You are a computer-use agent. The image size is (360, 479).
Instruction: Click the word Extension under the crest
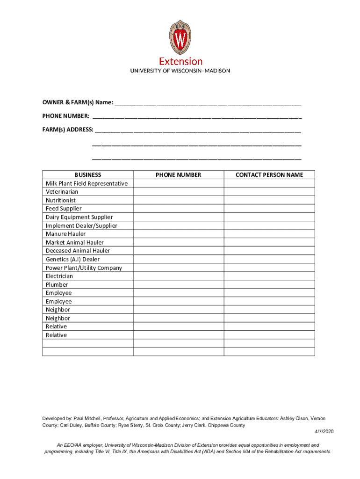tap(180, 61)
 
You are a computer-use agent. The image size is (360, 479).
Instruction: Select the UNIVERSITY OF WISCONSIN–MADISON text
tap(180, 71)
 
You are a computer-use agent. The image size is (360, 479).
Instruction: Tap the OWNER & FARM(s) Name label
tap(78, 102)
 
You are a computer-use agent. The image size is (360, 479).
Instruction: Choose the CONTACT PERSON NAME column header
tap(269, 175)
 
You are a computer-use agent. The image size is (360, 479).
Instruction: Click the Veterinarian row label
tap(62, 192)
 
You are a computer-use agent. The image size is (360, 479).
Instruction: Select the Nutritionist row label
tap(61, 200)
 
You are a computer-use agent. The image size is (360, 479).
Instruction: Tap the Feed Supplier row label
tap(64, 209)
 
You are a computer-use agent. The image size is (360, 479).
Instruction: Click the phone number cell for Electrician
tap(179, 276)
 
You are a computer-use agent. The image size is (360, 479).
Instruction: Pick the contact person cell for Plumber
tap(269, 284)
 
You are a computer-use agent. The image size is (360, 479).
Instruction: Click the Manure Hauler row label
tap(66, 234)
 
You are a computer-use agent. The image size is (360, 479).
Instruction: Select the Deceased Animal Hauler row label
tap(78, 251)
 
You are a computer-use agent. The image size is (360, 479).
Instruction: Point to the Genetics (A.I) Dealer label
tap(73, 259)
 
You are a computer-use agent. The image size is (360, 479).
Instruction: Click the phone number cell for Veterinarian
tap(179, 192)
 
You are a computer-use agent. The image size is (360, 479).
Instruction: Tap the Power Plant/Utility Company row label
tap(84, 268)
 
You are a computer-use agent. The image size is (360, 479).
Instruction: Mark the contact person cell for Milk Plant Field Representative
tap(269, 183)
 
